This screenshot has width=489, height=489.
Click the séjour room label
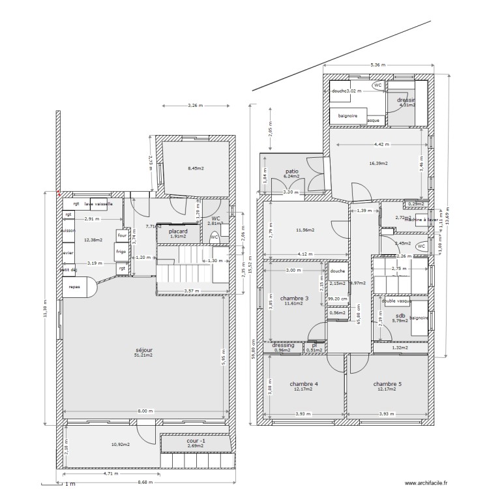tap(143, 349)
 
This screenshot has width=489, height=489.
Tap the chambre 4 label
tap(304, 384)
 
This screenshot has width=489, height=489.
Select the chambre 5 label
tap(387, 384)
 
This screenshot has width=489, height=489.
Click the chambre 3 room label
tap(294, 298)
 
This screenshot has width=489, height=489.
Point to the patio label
tap(291, 171)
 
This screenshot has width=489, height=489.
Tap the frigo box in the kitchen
tap(121, 250)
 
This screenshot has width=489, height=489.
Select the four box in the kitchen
tap(121, 236)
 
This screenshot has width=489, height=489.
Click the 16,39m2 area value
tap(378, 164)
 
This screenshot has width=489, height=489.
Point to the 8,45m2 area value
tap(196, 168)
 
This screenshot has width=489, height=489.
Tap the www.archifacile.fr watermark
tap(427, 483)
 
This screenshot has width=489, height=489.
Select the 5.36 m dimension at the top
tap(378, 65)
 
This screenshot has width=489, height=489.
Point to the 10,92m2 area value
tap(120, 445)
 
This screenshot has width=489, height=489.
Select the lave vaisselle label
tap(98, 204)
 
